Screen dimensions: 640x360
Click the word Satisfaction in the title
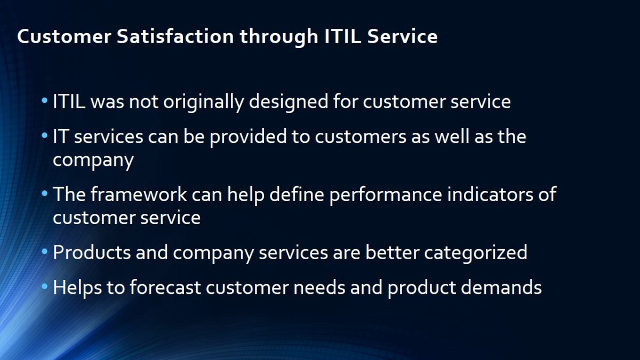point(175,37)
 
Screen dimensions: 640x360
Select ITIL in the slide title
point(342,37)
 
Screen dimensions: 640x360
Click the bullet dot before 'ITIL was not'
point(44,100)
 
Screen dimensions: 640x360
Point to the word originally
point(204,102)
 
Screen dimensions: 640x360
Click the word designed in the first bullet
point(289,102)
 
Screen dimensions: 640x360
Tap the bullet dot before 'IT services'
point(44,135)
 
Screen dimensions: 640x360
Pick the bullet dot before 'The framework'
point(44,194)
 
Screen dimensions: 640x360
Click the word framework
point(139,194)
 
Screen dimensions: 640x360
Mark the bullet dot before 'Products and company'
point(44,251)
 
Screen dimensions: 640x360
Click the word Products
point(92,252)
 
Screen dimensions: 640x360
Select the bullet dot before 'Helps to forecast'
point(44,286)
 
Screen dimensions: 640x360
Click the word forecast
point(165,287)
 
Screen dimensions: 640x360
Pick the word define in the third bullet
point(297,194)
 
